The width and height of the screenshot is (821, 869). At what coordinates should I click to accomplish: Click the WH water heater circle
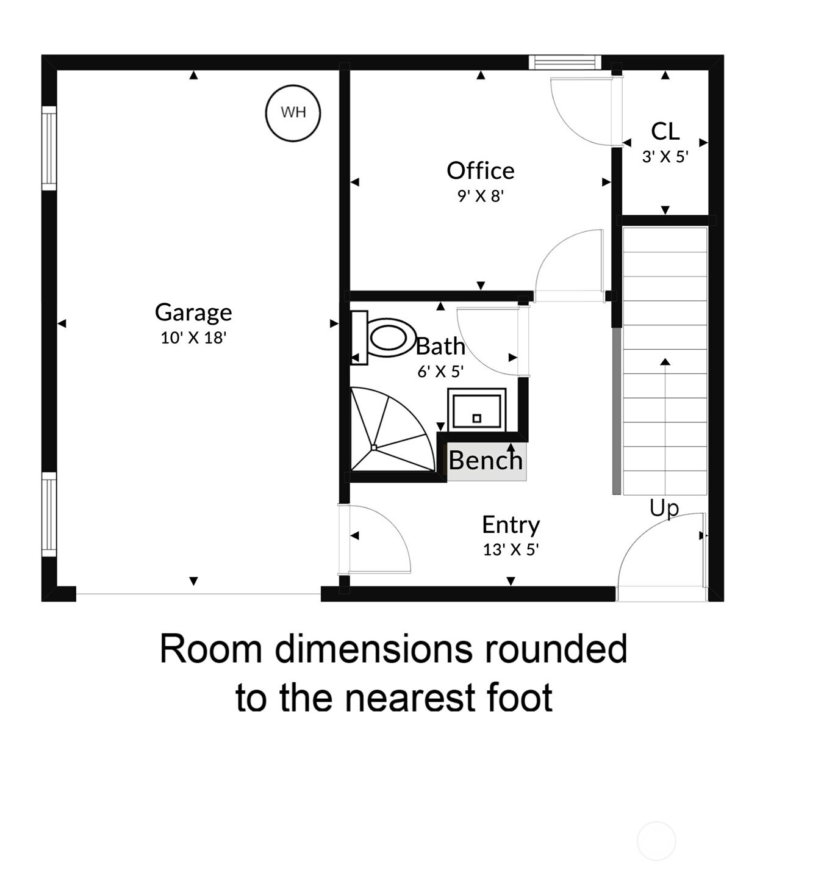(x=293, y=113)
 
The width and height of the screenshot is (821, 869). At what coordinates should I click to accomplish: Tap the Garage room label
(x=193, y=312)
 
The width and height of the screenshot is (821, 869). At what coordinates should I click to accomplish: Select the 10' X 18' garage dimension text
(x=193, y=337)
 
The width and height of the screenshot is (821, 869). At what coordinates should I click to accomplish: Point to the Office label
(x=480, y=170)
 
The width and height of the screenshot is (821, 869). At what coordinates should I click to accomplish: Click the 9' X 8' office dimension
(x=480, y=196)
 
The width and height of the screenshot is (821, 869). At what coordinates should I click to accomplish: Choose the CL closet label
(x=665, y=131)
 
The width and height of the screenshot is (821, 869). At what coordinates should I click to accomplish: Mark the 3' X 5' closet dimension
(x=665, y=157)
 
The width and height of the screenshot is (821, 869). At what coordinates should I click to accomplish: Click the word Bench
(x=486, y=460)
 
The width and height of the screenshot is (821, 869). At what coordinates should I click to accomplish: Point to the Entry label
(x=511, y=524)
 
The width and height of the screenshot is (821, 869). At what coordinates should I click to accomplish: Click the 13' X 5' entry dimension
(x=511, y=550)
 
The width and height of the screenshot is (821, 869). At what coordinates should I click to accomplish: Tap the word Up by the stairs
(x=664, y=508)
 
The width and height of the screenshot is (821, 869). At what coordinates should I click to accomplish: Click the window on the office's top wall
(x=564, y=62)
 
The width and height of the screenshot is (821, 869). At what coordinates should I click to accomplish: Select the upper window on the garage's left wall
(x=49, y=148)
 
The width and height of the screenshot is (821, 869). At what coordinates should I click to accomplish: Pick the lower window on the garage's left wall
(x=49, y=514)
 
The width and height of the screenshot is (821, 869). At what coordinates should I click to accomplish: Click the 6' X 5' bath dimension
(x=440, y=371)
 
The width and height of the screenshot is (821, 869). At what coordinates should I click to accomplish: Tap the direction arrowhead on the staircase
(x=665, y=362)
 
